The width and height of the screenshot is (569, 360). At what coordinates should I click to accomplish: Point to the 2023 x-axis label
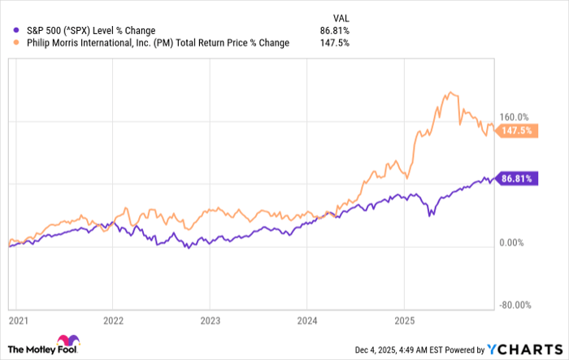210,321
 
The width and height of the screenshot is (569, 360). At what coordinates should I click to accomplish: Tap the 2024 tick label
306,321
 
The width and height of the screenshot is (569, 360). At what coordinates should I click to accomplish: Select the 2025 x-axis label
404,321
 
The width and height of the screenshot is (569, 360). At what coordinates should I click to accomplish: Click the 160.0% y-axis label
514,116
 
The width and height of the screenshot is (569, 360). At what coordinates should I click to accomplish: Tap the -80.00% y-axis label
515,306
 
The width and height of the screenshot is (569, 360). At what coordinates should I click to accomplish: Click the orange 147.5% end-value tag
514,130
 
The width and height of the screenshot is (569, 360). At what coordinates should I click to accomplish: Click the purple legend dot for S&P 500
8,31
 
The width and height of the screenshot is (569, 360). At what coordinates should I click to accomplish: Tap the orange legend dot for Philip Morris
8,43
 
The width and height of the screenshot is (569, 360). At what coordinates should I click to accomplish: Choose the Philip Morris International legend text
152,43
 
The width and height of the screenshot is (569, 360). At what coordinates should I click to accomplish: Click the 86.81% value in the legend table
335,31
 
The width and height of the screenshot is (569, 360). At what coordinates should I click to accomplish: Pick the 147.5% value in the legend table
337,43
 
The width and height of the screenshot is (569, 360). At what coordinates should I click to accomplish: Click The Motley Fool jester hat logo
65,341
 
